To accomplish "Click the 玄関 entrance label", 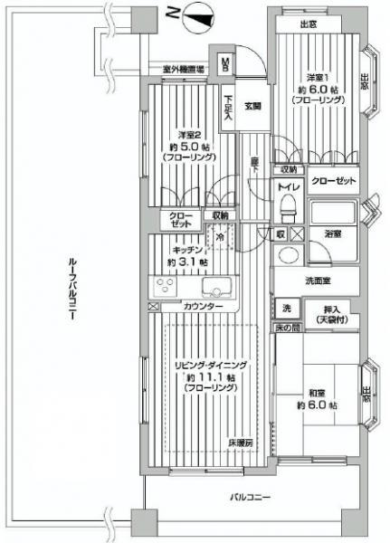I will pyautogui.click(x=252, y=106).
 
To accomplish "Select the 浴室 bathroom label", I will pyautogui.click(x=333, y=233).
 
